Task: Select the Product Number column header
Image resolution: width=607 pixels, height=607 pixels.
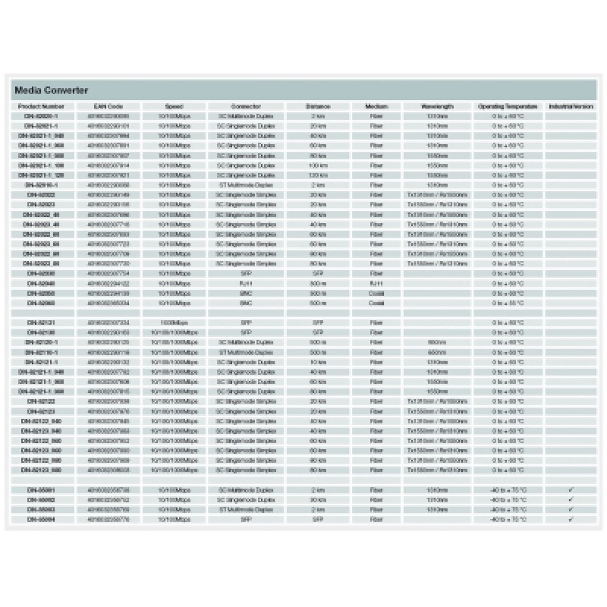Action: (x=41, y=107)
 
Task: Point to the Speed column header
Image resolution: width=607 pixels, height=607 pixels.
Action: (x=174, y=107)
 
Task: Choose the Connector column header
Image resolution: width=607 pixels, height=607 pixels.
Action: (x=246, y=107)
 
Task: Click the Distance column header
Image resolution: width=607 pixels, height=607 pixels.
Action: (x=319, y=107)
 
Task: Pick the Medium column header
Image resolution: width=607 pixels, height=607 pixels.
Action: (x=376, y=107)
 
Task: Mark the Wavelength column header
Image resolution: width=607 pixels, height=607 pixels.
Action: (x=437, y=107)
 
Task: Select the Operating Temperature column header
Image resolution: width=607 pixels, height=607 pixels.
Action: (x=508, y=107)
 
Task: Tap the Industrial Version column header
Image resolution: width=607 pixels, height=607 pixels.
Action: (x=571, y=107)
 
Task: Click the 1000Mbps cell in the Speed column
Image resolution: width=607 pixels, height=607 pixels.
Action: (x=174, y=322)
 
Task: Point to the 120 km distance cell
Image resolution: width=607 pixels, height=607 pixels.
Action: (x=319, y=175)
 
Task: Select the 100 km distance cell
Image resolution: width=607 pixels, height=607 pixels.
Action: (x=319, y=165)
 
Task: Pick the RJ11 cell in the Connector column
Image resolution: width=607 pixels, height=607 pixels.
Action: (x=246, y=283)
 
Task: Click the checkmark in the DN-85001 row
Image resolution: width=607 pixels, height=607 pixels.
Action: (x=571, y=490)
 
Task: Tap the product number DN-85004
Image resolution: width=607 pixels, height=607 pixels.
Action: (x=41, y=520)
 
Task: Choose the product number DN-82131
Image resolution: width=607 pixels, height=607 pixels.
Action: (x=41, y=322)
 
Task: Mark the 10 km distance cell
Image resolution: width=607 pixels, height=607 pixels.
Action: (x=319, y=362)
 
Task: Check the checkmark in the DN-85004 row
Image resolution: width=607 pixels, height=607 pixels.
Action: (x=571, y=520)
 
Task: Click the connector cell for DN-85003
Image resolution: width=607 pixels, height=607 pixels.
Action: (x=246, y=510)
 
